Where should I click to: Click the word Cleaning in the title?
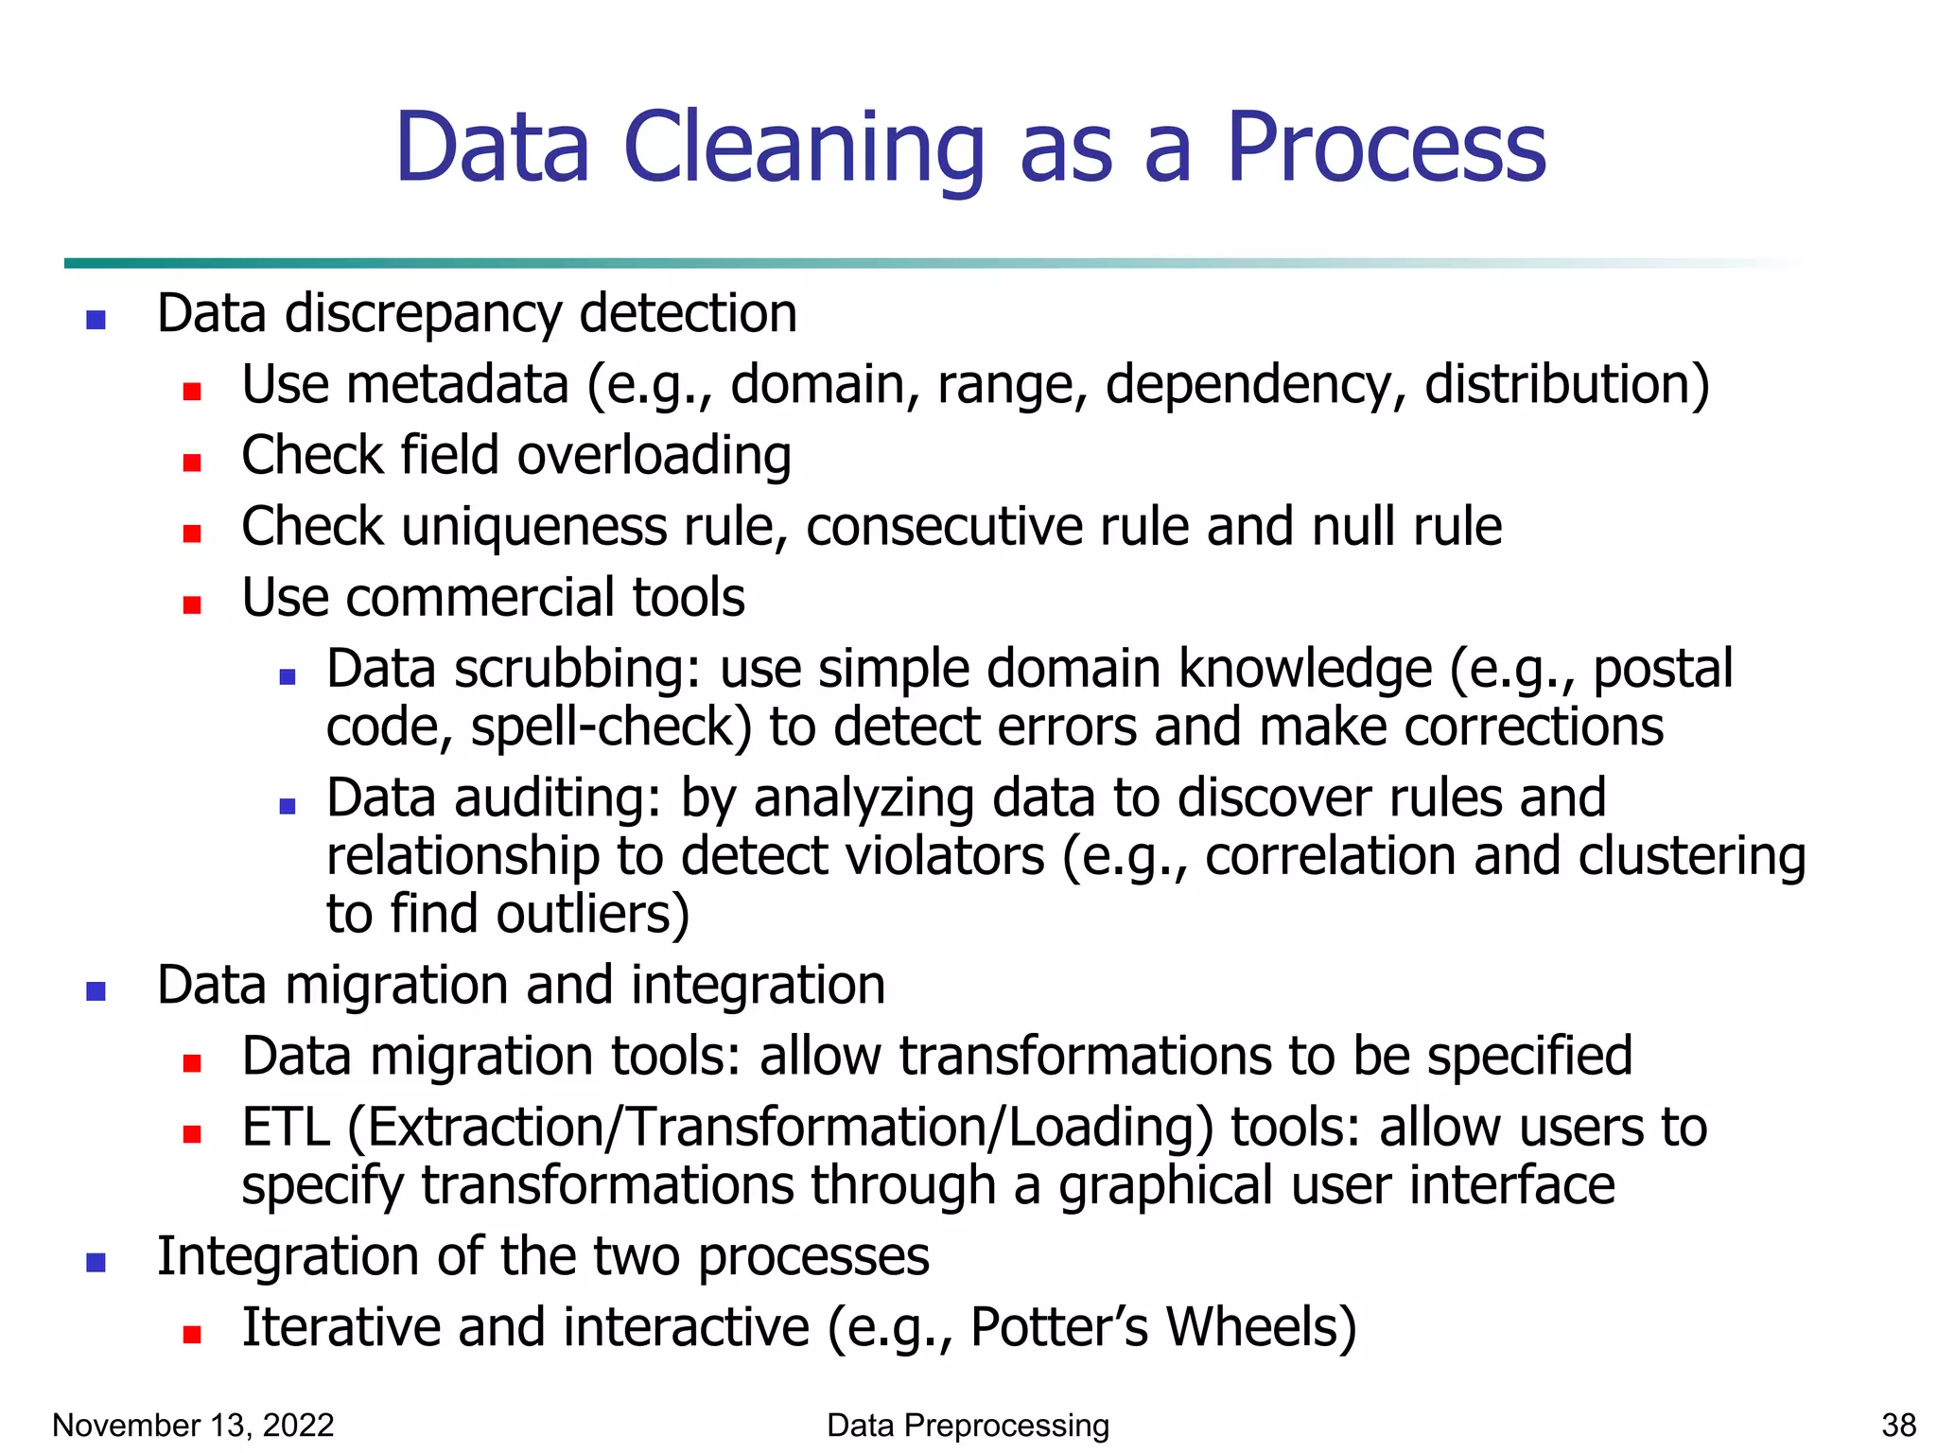[803, 148]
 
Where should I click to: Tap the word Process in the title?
[1386, 148]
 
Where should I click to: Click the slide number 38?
[1898, 1425]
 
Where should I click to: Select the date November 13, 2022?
[193, 1425]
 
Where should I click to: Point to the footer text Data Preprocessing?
[968, 1425]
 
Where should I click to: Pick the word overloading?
[654, 456]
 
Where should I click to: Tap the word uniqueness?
[533, 527]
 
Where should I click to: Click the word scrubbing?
[577, 669]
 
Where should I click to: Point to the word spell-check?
[611, 727]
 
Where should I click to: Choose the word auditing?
[557, 798]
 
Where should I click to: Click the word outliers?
[592, 915]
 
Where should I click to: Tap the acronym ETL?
[285, 1128]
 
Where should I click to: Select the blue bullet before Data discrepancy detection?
[96, 320]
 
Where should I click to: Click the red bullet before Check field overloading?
[192, 463]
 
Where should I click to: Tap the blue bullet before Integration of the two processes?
[96, 1263]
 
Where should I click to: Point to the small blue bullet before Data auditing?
[288, 806]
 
